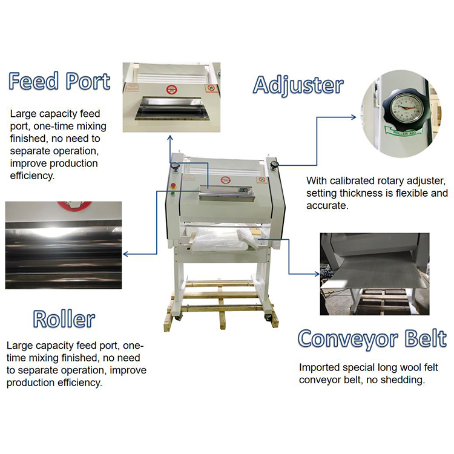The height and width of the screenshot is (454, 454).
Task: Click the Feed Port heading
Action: pos(59,81)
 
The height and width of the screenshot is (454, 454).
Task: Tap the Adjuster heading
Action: pos(298,85)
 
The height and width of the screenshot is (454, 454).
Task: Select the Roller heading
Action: pos(64,319)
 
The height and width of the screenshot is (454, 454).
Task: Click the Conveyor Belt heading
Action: pos(372,339)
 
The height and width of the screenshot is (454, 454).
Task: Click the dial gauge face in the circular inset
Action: pos(407,108)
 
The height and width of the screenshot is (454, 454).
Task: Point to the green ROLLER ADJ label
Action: pos(403,131)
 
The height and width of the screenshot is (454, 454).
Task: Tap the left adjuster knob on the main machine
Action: pos(175,167)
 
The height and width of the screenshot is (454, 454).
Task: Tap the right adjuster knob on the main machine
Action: pos(274,165)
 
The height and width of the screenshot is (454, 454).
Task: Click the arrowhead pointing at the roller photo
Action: pos(125,254)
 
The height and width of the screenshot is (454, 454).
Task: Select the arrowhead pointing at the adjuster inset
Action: pos(354,117)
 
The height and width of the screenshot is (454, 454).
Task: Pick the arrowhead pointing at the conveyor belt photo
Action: pos(317,274)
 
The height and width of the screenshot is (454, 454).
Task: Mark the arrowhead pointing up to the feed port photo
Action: pos(170,138)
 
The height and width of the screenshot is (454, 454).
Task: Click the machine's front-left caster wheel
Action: pos(178,317)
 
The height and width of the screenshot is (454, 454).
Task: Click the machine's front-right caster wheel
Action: pos(268,317)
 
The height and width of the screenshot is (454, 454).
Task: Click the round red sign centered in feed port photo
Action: pos(171,90)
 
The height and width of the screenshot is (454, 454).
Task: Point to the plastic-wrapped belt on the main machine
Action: pos(222,239)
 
